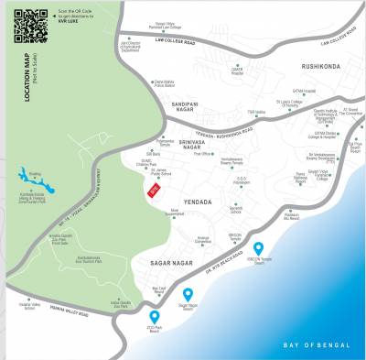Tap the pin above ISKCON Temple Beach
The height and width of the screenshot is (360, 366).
point(259,248)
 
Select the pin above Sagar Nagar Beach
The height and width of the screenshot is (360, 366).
point(188,293)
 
